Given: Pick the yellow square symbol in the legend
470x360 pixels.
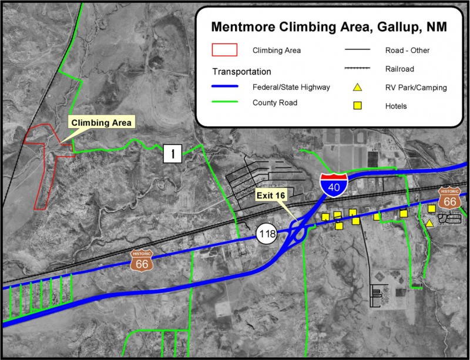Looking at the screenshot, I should [357, 106].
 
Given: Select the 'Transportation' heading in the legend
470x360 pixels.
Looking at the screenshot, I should [241, 72].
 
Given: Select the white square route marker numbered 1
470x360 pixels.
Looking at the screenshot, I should [173, 154].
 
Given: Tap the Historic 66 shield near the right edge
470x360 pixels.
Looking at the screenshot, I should [449, 198].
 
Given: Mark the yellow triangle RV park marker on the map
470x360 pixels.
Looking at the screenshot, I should [429, 223].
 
